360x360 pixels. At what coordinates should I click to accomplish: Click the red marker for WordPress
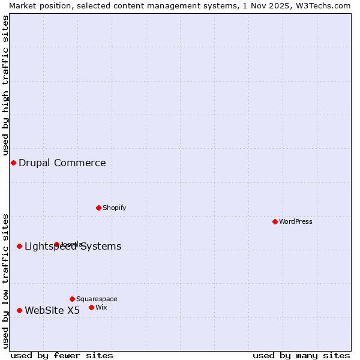pos(275,221)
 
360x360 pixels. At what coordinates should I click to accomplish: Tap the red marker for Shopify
pos(98,208)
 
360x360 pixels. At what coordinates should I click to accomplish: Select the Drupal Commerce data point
pos(13,163)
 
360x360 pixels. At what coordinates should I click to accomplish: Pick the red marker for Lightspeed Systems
pos(19,246)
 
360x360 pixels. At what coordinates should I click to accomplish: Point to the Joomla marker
pos(56,244)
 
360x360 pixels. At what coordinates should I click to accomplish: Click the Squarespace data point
pos(72,299)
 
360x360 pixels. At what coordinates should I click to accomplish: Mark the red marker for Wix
pos(91,307)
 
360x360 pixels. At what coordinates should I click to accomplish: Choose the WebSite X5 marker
pos(19,310)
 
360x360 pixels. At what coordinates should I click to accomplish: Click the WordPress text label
pos(296,221)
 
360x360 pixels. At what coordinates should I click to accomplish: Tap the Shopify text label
pos(114,208)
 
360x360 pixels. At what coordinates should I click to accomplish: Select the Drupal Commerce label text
pos(62,163)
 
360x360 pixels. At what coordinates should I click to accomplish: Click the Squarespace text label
pos(97,299)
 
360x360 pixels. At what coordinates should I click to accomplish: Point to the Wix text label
pos(101,307)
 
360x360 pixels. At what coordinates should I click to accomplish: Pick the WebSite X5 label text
pos(52,310)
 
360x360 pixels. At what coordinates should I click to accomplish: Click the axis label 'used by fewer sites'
pos(62,355)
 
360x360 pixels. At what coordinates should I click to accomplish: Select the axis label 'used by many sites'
pos(301,355)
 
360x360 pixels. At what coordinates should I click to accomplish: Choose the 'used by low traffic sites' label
pos(5,281)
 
